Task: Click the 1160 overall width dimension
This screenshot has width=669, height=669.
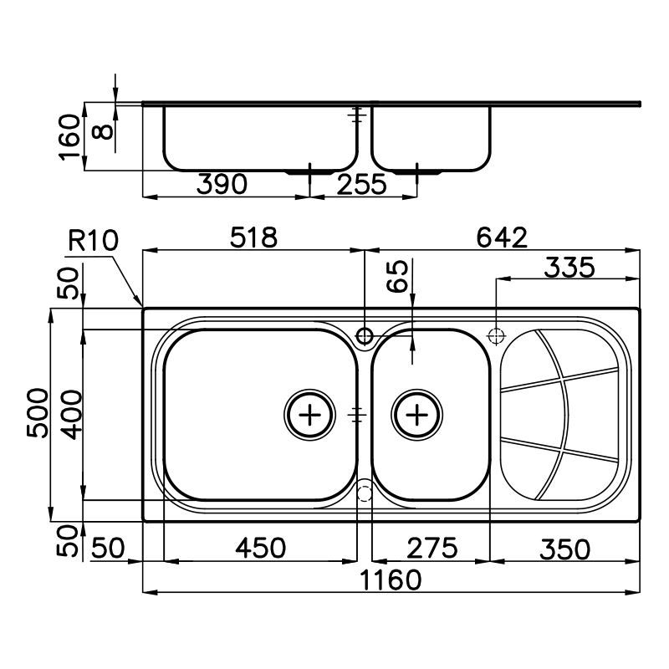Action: click(391, 580)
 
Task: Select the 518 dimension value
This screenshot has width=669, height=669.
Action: click(253, 237)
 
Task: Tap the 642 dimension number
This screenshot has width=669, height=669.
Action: click(502, 237)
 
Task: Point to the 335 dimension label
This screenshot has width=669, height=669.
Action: click(569, 268)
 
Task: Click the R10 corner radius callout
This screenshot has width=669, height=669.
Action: click(93, 240)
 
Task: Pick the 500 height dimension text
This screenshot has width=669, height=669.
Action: click(38, 412)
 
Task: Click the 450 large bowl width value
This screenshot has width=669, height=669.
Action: click(260, 548)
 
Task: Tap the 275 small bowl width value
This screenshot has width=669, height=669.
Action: click(432, 548)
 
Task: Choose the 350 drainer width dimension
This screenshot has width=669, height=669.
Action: click(565, 549)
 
